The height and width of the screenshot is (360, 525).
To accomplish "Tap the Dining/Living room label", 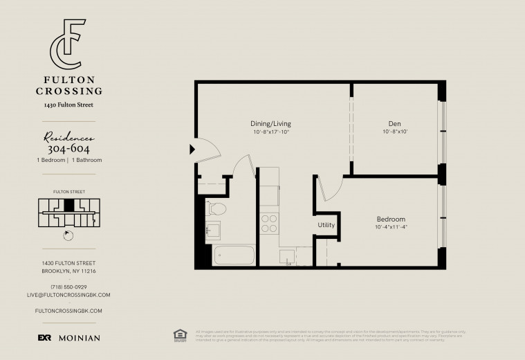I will point(270,123).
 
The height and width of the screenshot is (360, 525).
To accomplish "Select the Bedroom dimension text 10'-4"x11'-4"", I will point(396,227).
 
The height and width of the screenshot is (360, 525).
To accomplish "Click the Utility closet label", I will point(326,225).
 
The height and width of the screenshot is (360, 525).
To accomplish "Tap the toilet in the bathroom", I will point(217,208).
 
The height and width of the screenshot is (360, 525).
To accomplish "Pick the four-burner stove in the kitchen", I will point(268,223).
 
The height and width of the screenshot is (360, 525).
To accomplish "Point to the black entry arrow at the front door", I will point(192,148).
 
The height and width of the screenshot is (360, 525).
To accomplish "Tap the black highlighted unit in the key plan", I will point(68,206).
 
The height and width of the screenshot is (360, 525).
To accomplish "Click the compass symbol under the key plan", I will point(68,235).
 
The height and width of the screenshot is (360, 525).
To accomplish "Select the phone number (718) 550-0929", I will point(68,287).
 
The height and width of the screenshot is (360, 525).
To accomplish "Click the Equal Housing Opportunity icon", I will point(181,334).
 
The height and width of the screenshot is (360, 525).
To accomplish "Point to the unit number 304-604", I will point(68,148).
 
